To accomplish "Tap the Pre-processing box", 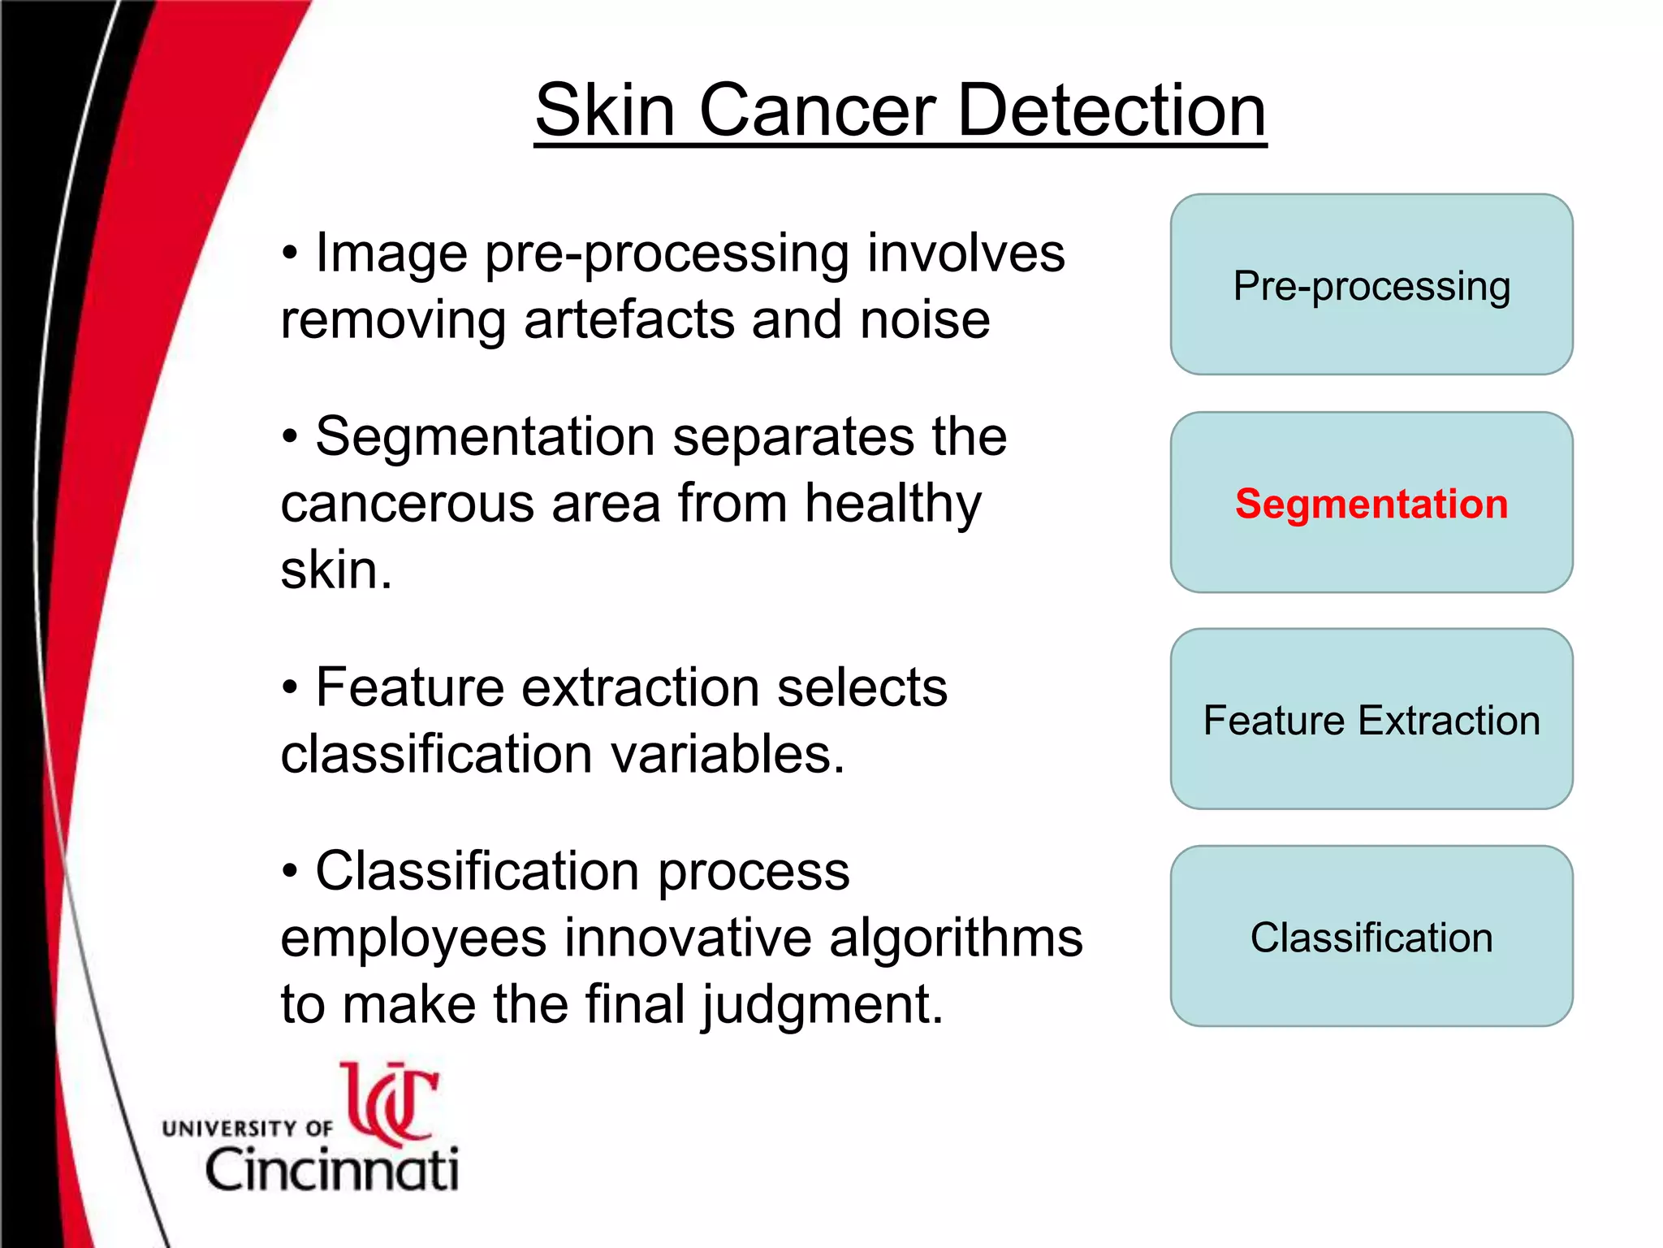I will pyautogui.click(x=1371, y=285).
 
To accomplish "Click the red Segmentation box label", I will pyautogui.click(x=1371, y=503).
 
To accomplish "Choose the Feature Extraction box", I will pyautogui.click(x=1371, y=720).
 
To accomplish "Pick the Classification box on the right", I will pyautogui.click(x=1371, y=937).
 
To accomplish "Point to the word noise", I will pyautogui.click(x=925, y=319).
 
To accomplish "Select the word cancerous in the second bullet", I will pyautogui.click(x=407, y=503).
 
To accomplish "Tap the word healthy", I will pyautogui.click(x=893, y=505).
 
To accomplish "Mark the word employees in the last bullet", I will pyautogui.click(x=413, y=938).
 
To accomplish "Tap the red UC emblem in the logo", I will pyautogui.click(x=391, y=1103).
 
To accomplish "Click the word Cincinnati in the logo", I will pyautogui.click(x=332, y=1169).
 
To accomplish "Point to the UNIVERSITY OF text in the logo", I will pyautogui.click(x=247, y=1128).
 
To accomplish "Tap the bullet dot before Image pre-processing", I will pyautogui.click(x=290, y=253).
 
